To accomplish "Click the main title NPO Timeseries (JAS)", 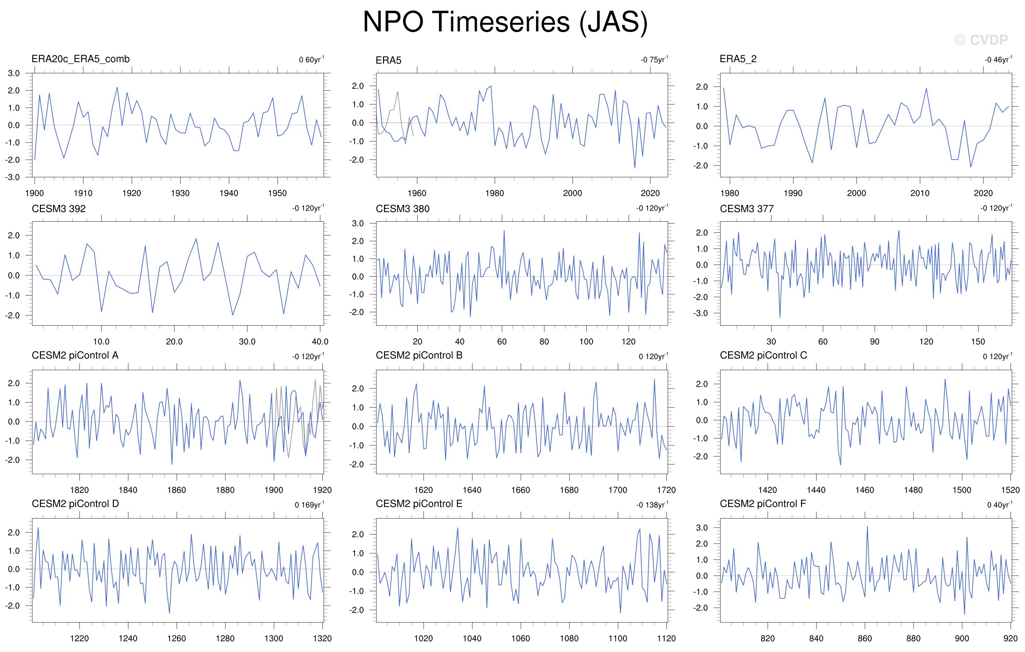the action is coord(505,22).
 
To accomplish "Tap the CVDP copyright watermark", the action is coord(981,40).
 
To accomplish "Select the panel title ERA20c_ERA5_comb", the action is coord(81,59).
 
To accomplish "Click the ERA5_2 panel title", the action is coord(738,59).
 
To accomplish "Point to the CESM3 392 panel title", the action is coord(59,209).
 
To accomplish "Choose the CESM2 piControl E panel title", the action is coord(419,504).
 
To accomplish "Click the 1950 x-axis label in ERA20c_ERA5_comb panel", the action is coord(278,193).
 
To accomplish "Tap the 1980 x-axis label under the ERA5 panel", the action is coord(495,193).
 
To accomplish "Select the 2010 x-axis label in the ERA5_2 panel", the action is coord(920,193).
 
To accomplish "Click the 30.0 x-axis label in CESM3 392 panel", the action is coord(247,342).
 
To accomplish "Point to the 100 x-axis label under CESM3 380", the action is coord(586,342).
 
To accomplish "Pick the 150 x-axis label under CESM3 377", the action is coord(978,342).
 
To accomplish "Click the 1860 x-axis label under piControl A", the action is coord(177,490).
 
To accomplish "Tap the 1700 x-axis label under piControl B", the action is coord(618,490).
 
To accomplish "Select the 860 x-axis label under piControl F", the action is coord(865,638).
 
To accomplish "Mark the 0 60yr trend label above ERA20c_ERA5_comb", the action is coord(312,59).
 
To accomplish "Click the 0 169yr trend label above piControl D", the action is coord(309,505).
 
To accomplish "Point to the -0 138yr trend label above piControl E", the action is coord(652,505).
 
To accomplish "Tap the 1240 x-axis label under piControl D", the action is coord(128,638).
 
